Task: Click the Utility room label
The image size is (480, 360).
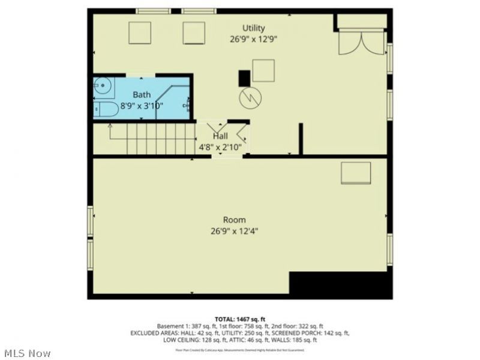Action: [253, 28]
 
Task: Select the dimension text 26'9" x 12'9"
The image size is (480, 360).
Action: [253, 40]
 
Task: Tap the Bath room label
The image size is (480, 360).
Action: [142, 94]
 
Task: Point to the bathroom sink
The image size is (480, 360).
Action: [103, 87]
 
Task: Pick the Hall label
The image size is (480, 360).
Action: [220, 136]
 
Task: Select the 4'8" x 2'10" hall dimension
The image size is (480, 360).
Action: [220, 146]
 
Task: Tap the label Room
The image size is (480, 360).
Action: [234, 220]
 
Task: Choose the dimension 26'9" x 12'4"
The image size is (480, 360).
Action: [234, 230]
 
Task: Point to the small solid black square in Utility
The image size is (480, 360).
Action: [244, 77]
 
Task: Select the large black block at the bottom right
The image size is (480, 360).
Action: [339, 284]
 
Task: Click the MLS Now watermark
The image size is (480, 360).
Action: [27, 353]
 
